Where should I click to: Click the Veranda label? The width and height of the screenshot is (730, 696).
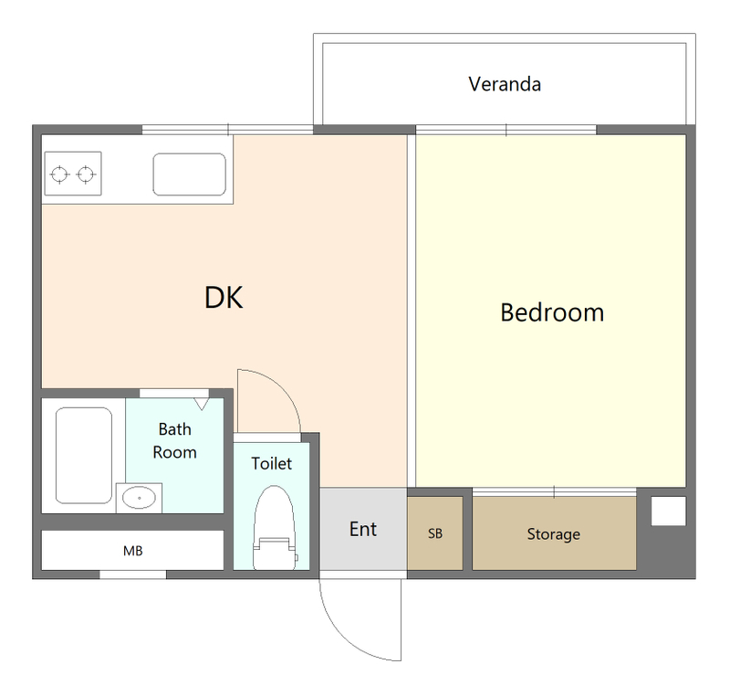pos(505,84)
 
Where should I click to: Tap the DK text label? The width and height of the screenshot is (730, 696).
pos(224,297)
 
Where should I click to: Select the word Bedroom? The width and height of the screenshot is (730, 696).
pos(552,312)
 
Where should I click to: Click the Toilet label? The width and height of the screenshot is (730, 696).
pos(271,463)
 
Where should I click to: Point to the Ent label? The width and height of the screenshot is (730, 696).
pos(363,529)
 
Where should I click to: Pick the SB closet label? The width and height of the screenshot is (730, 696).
pos(435,533)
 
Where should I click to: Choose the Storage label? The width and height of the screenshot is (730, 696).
pos(554,534)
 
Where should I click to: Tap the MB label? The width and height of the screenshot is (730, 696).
pos(132,551)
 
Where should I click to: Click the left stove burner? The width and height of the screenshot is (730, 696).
pos(59,174)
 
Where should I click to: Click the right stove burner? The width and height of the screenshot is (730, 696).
pos(86,174)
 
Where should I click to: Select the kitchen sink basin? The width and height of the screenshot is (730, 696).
pos(190,174)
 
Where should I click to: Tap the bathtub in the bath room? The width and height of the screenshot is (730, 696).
pos(84,455)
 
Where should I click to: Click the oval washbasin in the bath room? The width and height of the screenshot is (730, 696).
pos(140,498)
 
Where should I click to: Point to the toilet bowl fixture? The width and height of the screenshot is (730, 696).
pos(275,527)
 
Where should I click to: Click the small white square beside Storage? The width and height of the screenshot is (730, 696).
pos(668,511)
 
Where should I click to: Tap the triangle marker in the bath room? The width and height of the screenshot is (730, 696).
pos(202,404)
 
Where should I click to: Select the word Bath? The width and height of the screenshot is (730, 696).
pos(174,429)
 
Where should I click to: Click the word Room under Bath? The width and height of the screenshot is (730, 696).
pos(174,452)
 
